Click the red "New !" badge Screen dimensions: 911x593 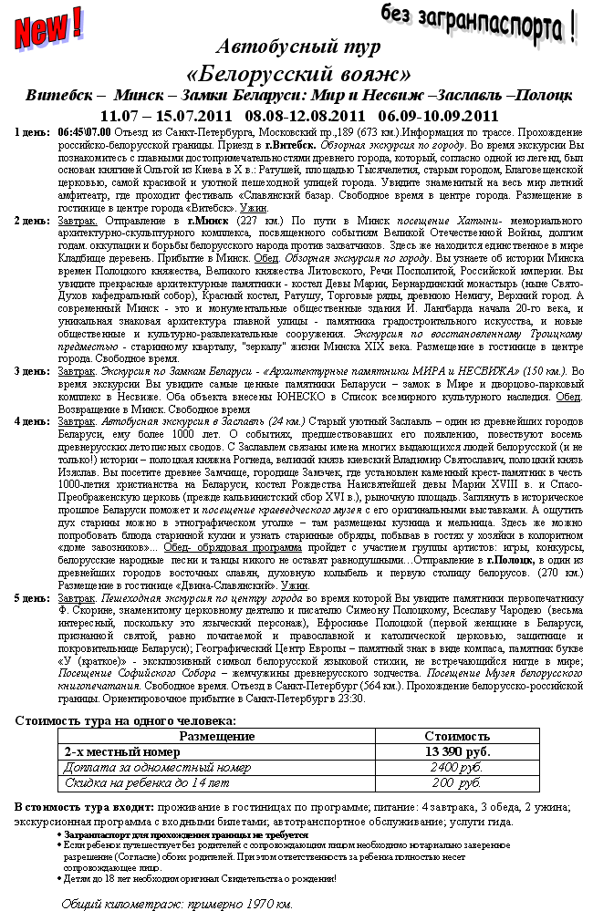tap(47, 27)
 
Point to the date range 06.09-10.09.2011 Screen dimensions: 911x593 tap(438, 115)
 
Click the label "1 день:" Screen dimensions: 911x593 tap(33, 132)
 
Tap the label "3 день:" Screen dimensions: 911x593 tap(33, 371)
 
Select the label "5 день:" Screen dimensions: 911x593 tap(33, 597)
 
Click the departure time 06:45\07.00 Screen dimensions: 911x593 tap(85, 132)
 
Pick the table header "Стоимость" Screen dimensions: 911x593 tap(457, 736)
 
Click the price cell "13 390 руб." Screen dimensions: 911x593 tap(457, 752)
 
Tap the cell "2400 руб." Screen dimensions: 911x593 tap(456, 768)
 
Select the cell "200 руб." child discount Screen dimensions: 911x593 tap(456, 783)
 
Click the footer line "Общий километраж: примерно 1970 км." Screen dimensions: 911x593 tap(177, 904)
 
